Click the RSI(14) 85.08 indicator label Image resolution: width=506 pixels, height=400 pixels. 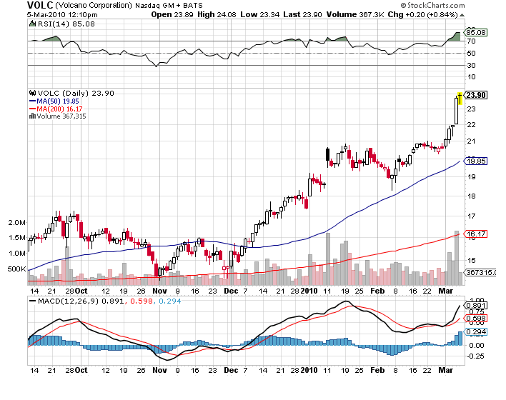pyautogui.click(x=55, y=24)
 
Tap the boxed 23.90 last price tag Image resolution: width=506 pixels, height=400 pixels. pyautogui.click(x=476, y=95)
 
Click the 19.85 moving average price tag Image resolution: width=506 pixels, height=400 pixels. pyautogui.click(x=476, y=161)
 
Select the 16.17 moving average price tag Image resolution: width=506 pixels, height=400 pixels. pyautogui.click(x=476, y=234)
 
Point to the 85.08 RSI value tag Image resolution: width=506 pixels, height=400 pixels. pyautogui.click(x=476, y=32)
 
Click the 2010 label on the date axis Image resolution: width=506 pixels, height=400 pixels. pyautogui.click(x=308, y=291)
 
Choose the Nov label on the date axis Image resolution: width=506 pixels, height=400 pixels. pyautogui.click(x=159, y=291)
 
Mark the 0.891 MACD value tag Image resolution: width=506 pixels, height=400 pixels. pyautogui.click(x=476, y=305)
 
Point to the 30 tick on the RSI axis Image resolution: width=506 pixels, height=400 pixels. pyautogui.click(x=471, y=66)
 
